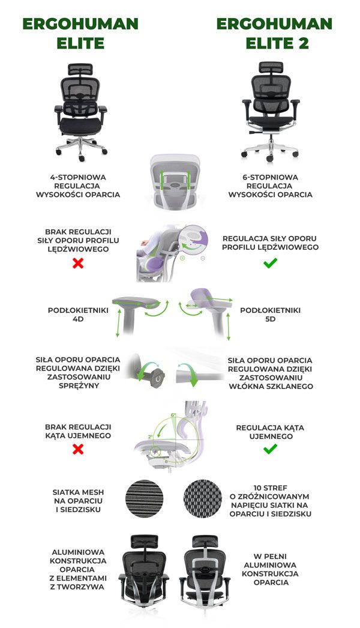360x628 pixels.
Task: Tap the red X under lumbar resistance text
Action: (x=78, y=263)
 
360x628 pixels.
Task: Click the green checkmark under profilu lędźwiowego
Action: (x=271, y=263)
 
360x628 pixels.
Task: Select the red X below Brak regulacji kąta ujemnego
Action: (x=78, y=449)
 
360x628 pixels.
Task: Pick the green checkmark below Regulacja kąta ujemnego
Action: (x=271, y=449)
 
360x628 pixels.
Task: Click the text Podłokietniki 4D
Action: (x=78, y=315)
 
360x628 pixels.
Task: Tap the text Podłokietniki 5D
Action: (x=271, y=315)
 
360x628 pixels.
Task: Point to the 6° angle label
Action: (x=173, y=415)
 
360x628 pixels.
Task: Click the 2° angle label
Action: (x=150, y=436)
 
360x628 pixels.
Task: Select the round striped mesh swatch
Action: (x=144, y=499)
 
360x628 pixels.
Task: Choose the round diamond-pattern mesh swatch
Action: (x=203, y=499)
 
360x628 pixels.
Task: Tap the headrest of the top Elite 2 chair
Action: (x=271, y=67)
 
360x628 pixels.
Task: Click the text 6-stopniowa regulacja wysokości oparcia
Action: (x=271, y=186)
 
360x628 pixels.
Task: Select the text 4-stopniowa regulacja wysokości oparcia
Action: (x=78, y=186)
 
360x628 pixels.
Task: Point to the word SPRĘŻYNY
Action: (x=79, y=385)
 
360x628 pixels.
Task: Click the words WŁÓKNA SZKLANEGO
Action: (x=271, y=387)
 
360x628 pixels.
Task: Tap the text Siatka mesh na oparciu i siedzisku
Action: (x=78, y=501)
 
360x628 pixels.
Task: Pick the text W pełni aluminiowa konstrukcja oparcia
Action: (x=270, y=569)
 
